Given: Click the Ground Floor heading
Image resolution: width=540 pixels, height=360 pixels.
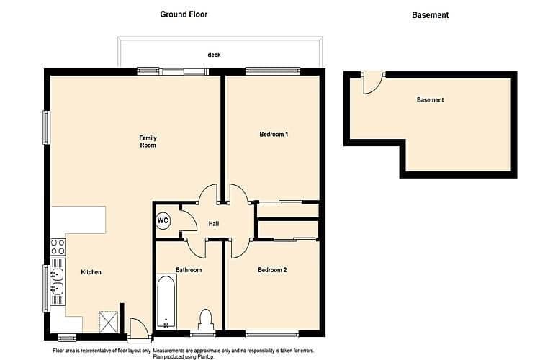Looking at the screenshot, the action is (184, 14).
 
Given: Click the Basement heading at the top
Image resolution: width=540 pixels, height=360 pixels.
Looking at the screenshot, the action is (430, 15).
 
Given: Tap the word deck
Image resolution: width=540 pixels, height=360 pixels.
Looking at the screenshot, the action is (214, 55).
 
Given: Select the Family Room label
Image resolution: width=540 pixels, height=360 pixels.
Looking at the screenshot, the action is (148, 142).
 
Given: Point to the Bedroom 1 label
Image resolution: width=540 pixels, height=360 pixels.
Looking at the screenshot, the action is (274, 135).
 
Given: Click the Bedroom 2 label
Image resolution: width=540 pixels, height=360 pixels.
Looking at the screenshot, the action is (272, 270).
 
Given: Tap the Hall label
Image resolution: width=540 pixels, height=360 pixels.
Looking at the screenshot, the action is (214, 224).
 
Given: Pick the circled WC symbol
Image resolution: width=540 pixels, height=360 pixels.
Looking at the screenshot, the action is (163, 220).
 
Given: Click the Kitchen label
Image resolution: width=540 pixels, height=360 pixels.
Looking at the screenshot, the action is (91, 272).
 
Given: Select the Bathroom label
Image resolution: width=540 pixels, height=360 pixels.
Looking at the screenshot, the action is (189, 270).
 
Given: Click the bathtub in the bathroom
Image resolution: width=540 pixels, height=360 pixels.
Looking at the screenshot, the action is (166, 302).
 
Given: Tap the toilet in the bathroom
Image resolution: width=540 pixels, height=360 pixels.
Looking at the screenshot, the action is (206, 320).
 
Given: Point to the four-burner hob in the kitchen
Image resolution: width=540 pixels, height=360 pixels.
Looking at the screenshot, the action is (58, 247).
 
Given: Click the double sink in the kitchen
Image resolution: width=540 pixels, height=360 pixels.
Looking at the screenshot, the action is (58, 282).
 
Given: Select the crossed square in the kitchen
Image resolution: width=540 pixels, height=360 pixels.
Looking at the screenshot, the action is (109, 322).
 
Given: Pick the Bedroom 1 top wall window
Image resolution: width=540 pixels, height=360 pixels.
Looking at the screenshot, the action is (273, 71).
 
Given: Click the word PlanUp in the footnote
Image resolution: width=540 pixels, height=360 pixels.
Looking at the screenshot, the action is (205, 357).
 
